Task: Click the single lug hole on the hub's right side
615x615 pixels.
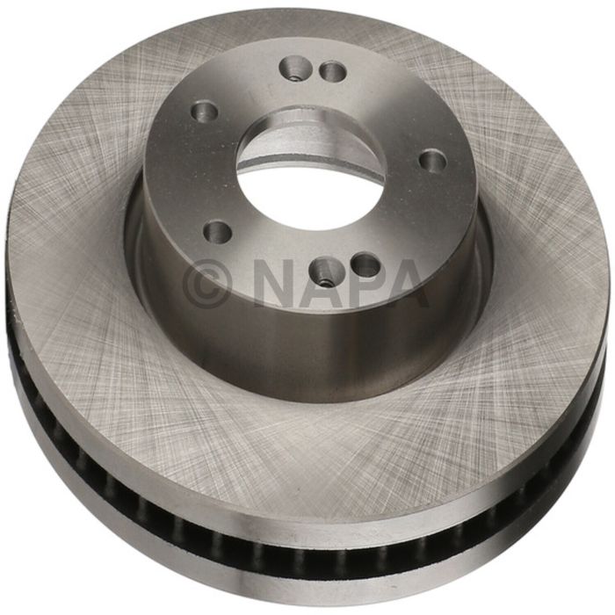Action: click(x=433, y=161)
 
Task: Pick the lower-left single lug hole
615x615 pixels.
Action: click(x=217, y=232)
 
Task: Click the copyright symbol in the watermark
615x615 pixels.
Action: click(x=208, y=282)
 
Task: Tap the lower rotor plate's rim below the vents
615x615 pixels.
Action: click(x=307, y=571)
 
